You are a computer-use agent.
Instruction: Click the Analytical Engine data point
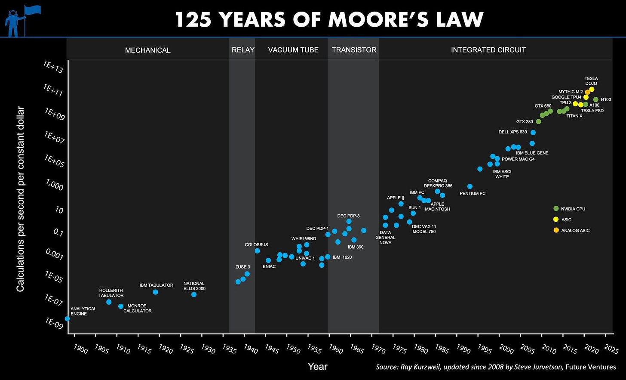[x=67, y=318]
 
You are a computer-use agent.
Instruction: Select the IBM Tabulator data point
[x=155, y=292]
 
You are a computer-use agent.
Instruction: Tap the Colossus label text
[x=256, y=244]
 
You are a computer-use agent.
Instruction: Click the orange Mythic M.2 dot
[x=587, y=92]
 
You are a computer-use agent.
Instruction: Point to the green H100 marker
[x=595, y=99]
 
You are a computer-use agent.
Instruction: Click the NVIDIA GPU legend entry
[x=573, y=209]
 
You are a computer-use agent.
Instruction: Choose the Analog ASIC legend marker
[x=556, y=230]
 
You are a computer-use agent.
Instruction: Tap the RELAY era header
[x=243, y=50]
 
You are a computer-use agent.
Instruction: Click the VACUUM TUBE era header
[x=293, y=50]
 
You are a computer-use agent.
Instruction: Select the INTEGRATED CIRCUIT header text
[x=488, y=50]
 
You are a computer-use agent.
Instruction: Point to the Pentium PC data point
[x=470, y=186]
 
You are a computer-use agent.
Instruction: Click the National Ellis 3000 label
[x=194, y=286]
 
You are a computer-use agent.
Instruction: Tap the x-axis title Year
[x=317, y=367]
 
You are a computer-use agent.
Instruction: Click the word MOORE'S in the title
[x=370, y=19]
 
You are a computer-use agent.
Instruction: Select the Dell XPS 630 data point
[x=533, y=133]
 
